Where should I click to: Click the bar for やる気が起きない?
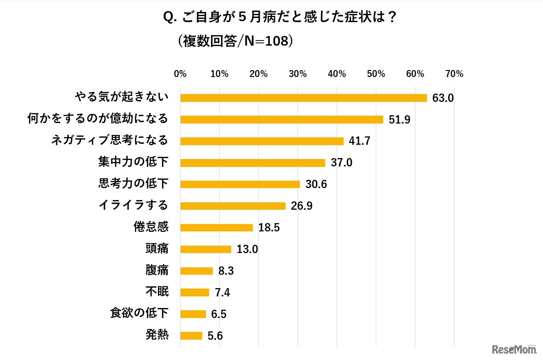tap(304, 98)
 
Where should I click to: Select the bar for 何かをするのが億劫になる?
tap(281, 119)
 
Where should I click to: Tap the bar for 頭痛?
tap(205, 249)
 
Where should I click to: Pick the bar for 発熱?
tap(191, 336)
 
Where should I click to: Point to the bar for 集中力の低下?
tap(252, 163)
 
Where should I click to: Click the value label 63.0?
tap(443, 98)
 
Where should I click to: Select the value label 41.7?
tap(360, 141)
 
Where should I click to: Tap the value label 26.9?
tap(301, 206)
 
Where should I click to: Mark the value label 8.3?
tap(226, 271)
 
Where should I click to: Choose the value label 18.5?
tap(269, 228)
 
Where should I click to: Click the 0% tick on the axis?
tap(180, 74)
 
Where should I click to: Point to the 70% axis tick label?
tap(454, 74)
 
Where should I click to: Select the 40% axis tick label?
tap(337, 74)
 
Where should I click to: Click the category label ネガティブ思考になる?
tap(109, 140)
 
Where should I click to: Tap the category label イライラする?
tap(133, 205)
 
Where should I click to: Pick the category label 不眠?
tap(157, 292)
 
